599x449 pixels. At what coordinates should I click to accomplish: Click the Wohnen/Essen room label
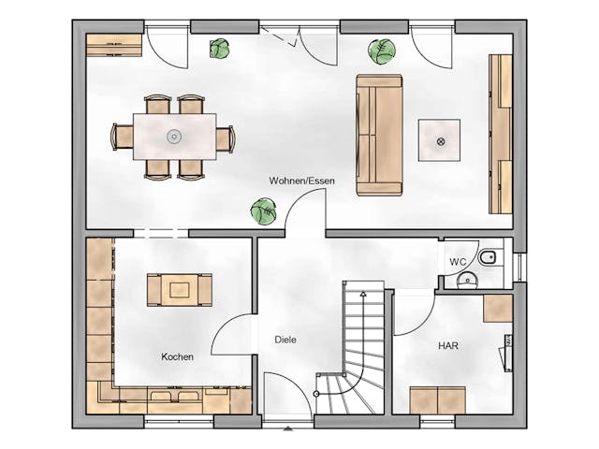(301, 181)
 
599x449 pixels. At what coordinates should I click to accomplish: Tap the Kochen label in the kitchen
(177, 357)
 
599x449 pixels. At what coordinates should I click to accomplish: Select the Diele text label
(285, 340)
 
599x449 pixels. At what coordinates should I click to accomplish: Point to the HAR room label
(448, 346)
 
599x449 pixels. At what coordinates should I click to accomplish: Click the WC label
(458, 262)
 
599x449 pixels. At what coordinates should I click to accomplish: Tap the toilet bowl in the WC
(487, 258)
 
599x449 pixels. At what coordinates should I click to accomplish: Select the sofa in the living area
(379, 135)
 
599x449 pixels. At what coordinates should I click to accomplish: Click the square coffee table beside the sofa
(439, 140)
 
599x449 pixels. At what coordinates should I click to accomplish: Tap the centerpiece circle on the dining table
(174, 137)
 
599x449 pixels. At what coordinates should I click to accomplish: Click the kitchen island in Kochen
(180, 290)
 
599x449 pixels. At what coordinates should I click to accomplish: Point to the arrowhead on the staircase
(363, 294)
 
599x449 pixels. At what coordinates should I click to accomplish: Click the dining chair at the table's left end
(122, 137)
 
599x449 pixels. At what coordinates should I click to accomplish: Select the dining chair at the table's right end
(226, 139)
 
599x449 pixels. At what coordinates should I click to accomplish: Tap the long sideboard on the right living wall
(501, 134)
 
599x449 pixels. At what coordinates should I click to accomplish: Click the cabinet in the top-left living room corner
(114, 45)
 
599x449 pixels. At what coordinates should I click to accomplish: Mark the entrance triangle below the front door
(288, 429)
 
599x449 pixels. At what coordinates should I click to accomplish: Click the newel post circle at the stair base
(316, 394)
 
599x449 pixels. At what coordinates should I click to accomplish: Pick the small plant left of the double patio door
(220, 49)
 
